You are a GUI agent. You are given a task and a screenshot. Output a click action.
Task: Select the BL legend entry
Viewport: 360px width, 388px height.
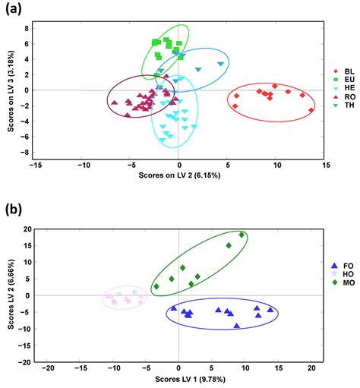[343, 71]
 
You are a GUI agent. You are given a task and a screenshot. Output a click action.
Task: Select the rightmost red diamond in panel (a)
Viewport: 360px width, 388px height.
[311, 110]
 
